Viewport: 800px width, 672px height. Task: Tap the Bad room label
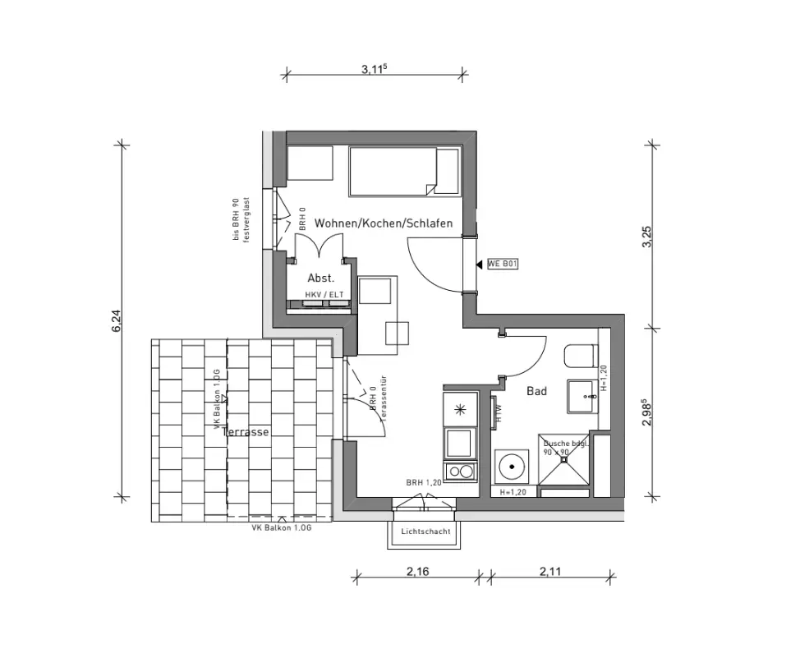[x=536, y=392]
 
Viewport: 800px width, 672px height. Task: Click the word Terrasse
[x=246, y=431]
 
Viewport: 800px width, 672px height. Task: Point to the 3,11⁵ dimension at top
[x=374, y=70]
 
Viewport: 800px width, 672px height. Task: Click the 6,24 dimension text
[x=117, y=320]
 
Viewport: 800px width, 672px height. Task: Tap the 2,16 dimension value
[x=418, y=573]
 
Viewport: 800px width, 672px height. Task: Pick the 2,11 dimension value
[x=550, y=573]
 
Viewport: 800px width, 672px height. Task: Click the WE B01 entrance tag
[x=502, y=264]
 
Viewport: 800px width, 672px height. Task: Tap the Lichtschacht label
[x=425, y=532]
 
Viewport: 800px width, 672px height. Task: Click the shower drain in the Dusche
[x=564, y=461]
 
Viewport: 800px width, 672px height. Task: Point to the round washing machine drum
[x=513, y=466]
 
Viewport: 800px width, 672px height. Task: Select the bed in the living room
[x=403, y=171]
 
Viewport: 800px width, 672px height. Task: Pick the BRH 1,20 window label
[x=424, y=483]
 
